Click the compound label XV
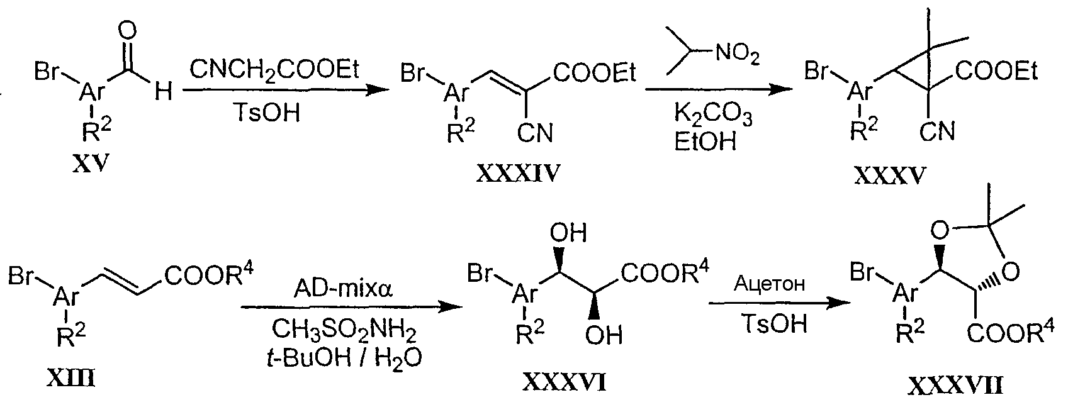pos(91,164)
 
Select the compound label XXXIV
pos(518,174)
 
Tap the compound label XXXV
pos(890,175)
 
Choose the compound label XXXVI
pos(565,382)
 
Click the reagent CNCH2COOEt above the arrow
pos(274,70)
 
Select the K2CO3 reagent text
pos(712,115)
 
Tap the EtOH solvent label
pos(705,142)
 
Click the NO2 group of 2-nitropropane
pos(736,55)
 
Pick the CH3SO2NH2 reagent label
pos(344,330)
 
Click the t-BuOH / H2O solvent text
pos(344,357)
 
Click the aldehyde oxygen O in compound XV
pos(127,31)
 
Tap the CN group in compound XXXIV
pos(535,133)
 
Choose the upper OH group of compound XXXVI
pos(568,233)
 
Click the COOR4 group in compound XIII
pos(209,276)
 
